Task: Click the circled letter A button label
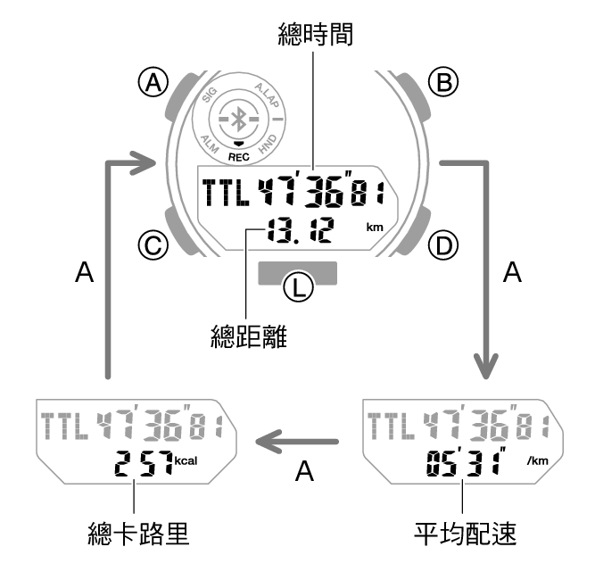click(153, 82)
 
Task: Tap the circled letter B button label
click(443, 82)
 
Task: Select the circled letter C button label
click(153, 245)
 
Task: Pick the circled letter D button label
click(443, 245)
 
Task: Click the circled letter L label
click(299, 287)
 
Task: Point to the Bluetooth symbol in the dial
click(239, 120)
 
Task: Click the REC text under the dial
click(239, 157)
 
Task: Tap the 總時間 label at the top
click(316, 34)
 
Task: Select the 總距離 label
click(249, 336)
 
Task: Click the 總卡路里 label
click(138, 534)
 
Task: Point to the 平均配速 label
click(465, 534)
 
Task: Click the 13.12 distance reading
click(300, 230)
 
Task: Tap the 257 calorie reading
click(144, 463)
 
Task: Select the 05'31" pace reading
click(466, 461)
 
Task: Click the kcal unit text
click(186, 460)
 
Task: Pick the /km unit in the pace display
click(538, 460)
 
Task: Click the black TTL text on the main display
click(226, 193)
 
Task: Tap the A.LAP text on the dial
click(267, 95)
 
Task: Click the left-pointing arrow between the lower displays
click(297, 442)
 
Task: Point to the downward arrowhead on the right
click(485, 367)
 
